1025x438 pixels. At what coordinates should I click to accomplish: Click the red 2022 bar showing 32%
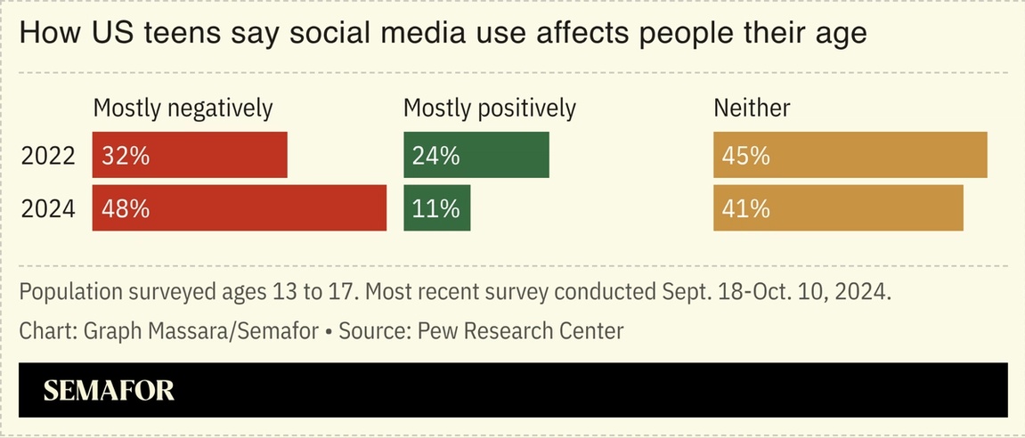[190, 155]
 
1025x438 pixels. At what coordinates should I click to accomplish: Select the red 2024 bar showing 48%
[240, 207]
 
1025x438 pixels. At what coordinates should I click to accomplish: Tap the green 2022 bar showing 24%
[476, 155]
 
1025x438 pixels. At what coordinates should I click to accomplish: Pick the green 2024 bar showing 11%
[436, 207]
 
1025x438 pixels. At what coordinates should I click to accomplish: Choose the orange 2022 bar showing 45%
[850, 155]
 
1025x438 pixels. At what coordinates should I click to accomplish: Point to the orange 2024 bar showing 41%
[838, 207]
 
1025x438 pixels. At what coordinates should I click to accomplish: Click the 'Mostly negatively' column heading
[183, 109]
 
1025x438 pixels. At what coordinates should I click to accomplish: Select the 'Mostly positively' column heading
[490, 109]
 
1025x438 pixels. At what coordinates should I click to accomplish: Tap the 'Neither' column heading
[752, 109]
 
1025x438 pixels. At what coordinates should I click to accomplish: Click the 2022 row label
[48, 156]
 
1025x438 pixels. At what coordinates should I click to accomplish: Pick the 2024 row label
[48, 208]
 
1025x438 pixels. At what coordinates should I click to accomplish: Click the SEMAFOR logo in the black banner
[109, 390]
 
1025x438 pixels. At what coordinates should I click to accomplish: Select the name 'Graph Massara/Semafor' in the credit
[200, 331]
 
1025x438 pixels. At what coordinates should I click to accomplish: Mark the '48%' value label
[126, 208]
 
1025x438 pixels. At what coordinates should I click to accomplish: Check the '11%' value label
[435, 208]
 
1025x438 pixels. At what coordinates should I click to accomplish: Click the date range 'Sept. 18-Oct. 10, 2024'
[775, 292]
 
